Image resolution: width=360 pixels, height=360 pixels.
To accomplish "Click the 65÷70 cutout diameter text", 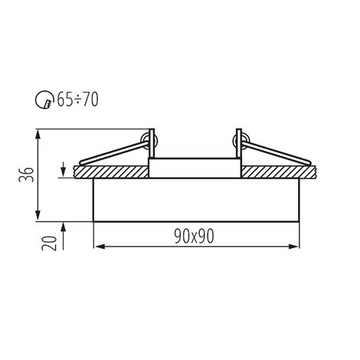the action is [77, 100].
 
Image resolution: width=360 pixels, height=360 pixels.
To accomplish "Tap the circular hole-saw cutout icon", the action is [44, 100].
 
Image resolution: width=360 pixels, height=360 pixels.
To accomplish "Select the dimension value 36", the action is [26, 175].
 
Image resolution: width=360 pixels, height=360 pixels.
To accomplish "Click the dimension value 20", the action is [49, 244].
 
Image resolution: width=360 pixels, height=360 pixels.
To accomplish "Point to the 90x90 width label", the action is [194, 236].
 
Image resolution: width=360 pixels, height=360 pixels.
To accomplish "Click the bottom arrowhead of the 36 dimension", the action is [38, 216].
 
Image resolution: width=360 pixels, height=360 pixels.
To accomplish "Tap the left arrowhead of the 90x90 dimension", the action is [99, 247].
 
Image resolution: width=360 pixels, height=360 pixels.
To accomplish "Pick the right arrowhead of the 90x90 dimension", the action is [293, 247].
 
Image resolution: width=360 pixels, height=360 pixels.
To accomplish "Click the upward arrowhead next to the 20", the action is [64, 227].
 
